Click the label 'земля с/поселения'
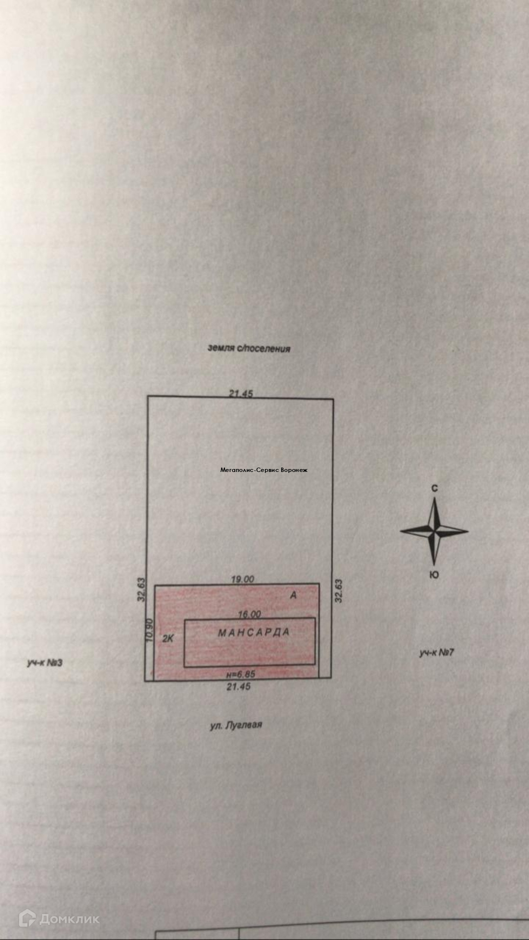coord(249,349)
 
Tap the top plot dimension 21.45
coord(241,393)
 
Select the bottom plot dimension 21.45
coord(239,686)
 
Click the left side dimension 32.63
coord(142,590)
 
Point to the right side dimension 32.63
coord(338,590)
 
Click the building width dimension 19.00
coord(242,579)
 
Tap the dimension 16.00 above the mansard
coord(249,614)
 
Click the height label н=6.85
coord(240,674)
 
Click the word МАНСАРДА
coord(254,633)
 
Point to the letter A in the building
coord(293,595)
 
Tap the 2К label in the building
coord(168,638)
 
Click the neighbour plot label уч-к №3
coord(45,663)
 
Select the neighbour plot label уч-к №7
coord(436,653)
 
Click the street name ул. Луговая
coord(236,725)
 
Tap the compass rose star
coord(434,531)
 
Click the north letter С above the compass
coord(434,488)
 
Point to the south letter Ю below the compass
coord(434,575)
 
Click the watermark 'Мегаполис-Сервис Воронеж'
coord(264,470)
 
